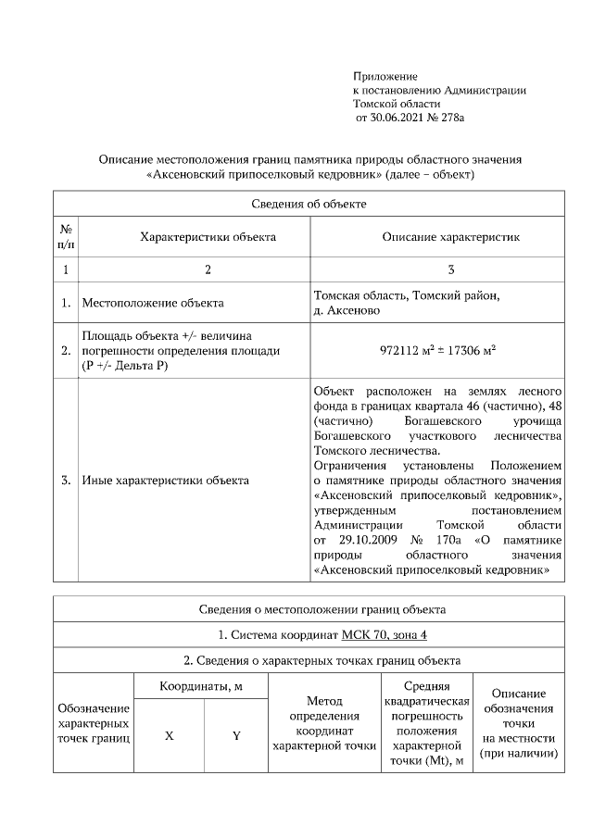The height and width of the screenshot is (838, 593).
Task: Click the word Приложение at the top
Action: [x=385, y=75]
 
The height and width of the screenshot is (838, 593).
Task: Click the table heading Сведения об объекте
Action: [x=309, y=204]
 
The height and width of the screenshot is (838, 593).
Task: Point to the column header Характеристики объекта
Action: [x=208, y=237]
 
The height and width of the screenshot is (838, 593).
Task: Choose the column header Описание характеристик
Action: [x=450, y=237]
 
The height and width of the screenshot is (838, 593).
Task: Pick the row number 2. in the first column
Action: [x=66, y=351]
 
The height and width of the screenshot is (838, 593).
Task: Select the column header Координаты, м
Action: [x=201, y=686]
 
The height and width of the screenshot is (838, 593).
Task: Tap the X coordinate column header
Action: [x=169, y=736]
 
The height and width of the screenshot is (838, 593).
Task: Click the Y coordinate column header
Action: [x=235, y=736]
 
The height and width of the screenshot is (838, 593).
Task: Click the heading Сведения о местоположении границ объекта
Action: [x=309, y=609]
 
